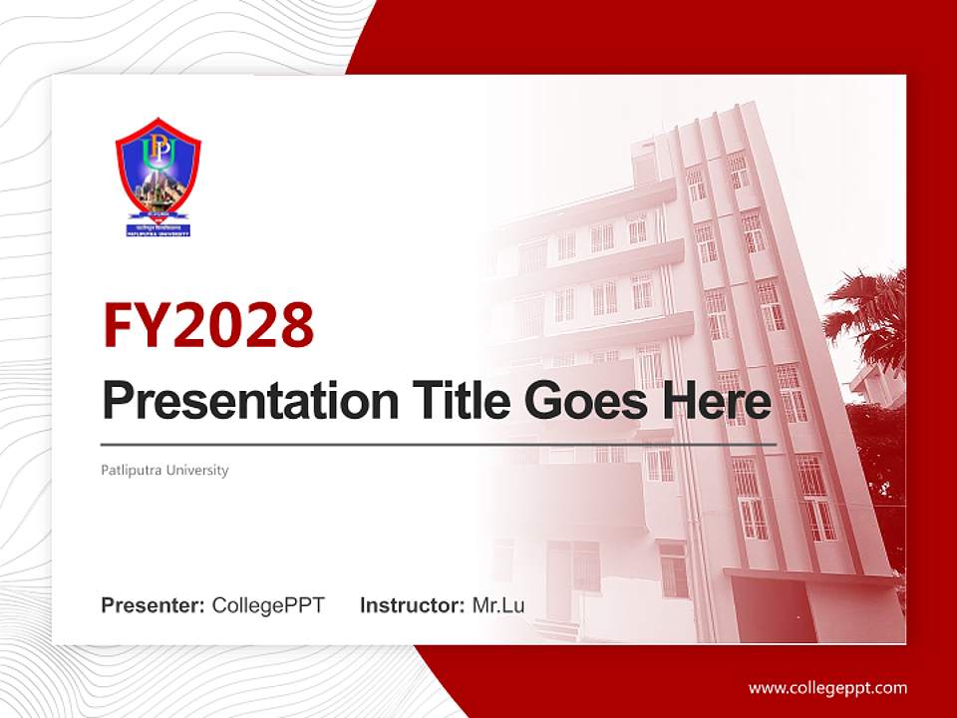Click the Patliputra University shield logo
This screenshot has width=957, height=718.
click(x=158, y=178)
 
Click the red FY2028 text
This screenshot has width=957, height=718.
click(x=208, y=325)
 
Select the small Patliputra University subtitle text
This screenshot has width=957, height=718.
click(x=164, y=470)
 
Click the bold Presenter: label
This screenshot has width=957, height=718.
click(x=154, y=605)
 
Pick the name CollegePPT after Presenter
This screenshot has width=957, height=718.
click(x=268, y=605)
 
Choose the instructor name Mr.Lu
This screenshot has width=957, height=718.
click(x=498, y=605)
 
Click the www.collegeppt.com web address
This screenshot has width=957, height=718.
click(x=827, y=687)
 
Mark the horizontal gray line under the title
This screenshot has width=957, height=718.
click(x=439, y=444)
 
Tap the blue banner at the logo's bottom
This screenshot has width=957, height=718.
click(x=158, y=229)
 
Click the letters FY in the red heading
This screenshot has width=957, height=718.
click(x=137, y=325)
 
